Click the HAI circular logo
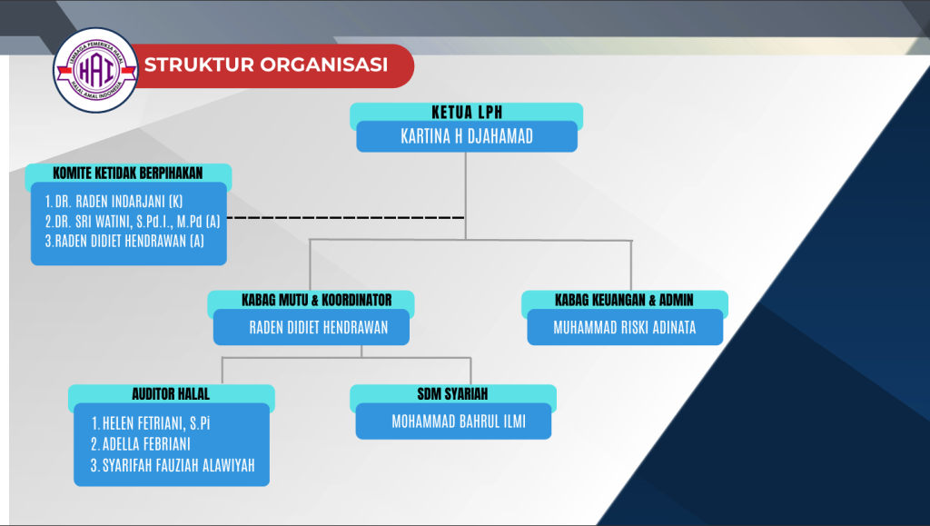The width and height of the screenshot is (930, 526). coord(95,70)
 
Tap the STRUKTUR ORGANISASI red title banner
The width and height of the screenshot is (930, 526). coord(266,65)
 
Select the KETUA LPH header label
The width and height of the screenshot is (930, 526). coord(466,113)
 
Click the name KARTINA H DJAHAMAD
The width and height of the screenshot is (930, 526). coord(466,137)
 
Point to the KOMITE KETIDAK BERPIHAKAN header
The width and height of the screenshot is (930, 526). coord(128,173)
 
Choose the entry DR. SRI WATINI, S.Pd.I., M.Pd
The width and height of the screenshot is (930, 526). coord(133,221)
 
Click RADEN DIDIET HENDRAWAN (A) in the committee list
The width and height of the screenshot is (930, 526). coord(124,242)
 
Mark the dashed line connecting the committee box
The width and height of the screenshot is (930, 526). coord(345,218)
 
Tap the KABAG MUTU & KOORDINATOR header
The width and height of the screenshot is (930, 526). coord(311,300)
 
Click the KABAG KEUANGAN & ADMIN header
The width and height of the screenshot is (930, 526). coord(624,300)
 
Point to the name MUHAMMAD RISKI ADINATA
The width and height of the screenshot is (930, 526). coord(625,328)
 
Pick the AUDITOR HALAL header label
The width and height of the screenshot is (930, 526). coord(171,394)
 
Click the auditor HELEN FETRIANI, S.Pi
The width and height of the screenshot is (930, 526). coord(157,423)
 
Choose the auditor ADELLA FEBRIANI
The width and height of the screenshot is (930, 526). coord(146,445)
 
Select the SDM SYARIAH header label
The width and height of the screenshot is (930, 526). coord(452,394)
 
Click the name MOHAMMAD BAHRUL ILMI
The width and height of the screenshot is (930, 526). coord(459,422)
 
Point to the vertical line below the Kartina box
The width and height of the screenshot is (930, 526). coord(466,191)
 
